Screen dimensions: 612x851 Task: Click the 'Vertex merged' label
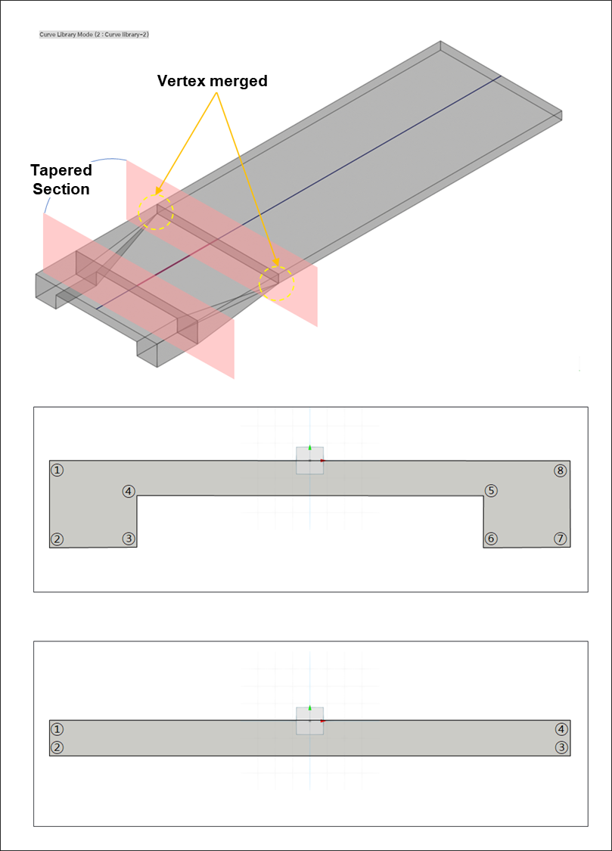(x=212, y=81)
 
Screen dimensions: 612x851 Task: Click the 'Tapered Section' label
(x=61, y=179)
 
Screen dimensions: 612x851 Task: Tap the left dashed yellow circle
(x=156, y=212)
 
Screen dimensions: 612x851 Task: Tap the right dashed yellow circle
(x=277, y=284)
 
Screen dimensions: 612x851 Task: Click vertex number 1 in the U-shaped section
(x=57, y=470)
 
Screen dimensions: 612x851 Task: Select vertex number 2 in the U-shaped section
(x=57, y=539)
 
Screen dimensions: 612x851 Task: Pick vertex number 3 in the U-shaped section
(x=129, y=539)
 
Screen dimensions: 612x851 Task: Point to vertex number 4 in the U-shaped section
(x=129, y=491)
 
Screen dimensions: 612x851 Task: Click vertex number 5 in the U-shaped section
(x=491, y=491)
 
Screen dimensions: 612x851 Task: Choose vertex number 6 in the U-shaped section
(x=491, y=539)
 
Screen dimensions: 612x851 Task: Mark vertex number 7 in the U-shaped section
(x=561, y=539)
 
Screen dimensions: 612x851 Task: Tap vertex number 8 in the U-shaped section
(x=561, y=471)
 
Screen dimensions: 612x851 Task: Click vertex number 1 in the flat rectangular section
(x=57, y=729)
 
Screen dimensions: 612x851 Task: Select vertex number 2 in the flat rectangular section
(x=57, y=747)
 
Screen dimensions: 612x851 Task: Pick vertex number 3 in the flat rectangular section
(x=561, y=747)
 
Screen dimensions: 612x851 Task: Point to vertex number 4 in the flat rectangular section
(x=561, y=729)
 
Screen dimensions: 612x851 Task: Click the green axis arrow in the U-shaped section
(x=310, y=448)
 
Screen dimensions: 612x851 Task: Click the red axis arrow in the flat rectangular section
(x=322, y=722)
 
